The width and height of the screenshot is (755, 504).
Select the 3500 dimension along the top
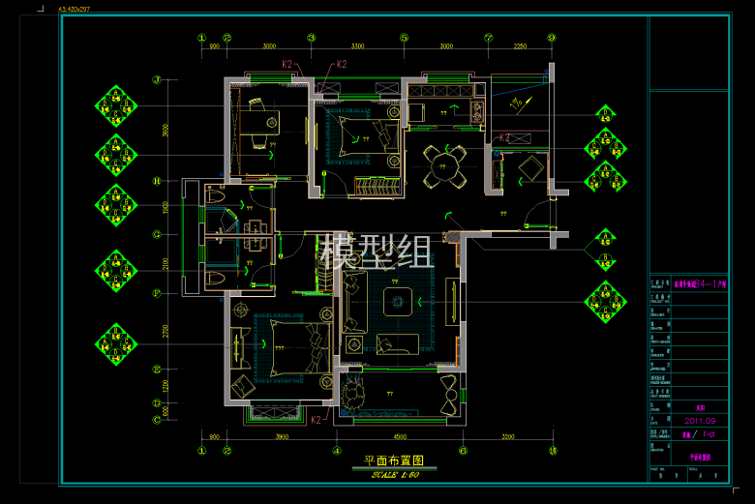click(357, 45)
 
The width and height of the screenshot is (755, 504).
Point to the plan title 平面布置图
click(394, 461)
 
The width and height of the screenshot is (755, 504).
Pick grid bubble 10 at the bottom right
click(553, 450)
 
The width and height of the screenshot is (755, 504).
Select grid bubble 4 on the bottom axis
click(336, 450)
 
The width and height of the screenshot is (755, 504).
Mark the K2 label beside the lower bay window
click(316, 420)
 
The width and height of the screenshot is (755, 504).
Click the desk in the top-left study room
click(258, 123)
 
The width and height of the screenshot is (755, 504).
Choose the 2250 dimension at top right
click(520, 45)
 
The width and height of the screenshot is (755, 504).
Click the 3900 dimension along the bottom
click(282, 436)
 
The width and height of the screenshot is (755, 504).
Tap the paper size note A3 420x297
click(75, 8)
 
